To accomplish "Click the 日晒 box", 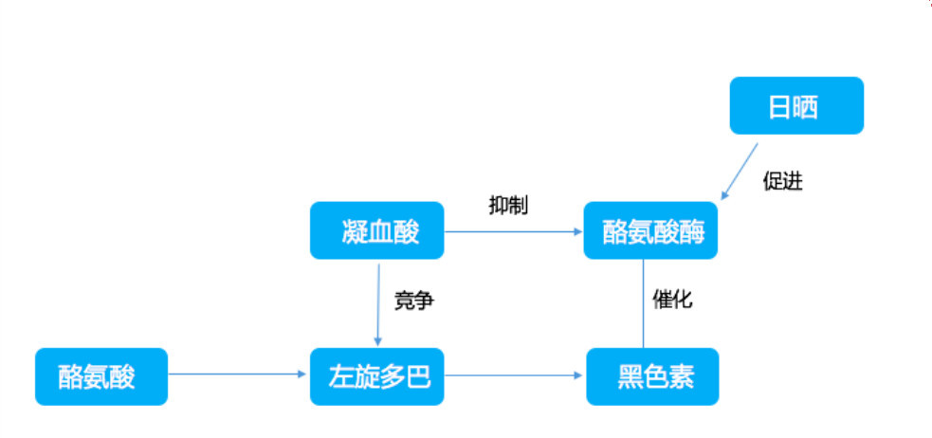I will [x=795, y=105].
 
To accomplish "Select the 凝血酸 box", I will [x=376, y=230].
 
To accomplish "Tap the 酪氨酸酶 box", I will [x=650, y=230].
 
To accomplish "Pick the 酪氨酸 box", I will [x=101, y=376].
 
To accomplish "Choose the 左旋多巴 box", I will [x=376, y=376].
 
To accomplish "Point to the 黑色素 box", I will [x=652, y=376].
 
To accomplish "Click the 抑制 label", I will [x=508, y=205].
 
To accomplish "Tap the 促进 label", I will [x=782, y=181].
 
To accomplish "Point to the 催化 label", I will [x=672, y=301].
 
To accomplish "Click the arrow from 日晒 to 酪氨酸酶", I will [x=740, y=170].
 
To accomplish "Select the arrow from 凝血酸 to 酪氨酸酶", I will [x=512, y=230].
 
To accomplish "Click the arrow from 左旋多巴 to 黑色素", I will [x=512, y=374].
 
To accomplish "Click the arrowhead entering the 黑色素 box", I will [x=580, y=374].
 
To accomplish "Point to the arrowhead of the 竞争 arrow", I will [x=377, y=342].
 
